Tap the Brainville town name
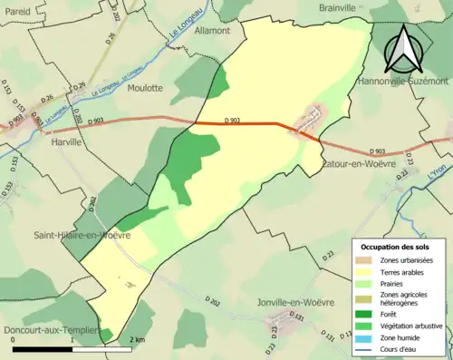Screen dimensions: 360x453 pyautogui.click(x=344, y=7)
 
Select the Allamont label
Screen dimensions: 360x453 pyautogui.click(x=212, y=55)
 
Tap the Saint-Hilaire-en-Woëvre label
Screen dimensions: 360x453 pyautogui.click(x=82, y=235)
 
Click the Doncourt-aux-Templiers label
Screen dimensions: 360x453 pyautogui.click(x=50, y=330)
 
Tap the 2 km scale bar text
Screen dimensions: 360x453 pyautogui.click(x=136, y=340)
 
